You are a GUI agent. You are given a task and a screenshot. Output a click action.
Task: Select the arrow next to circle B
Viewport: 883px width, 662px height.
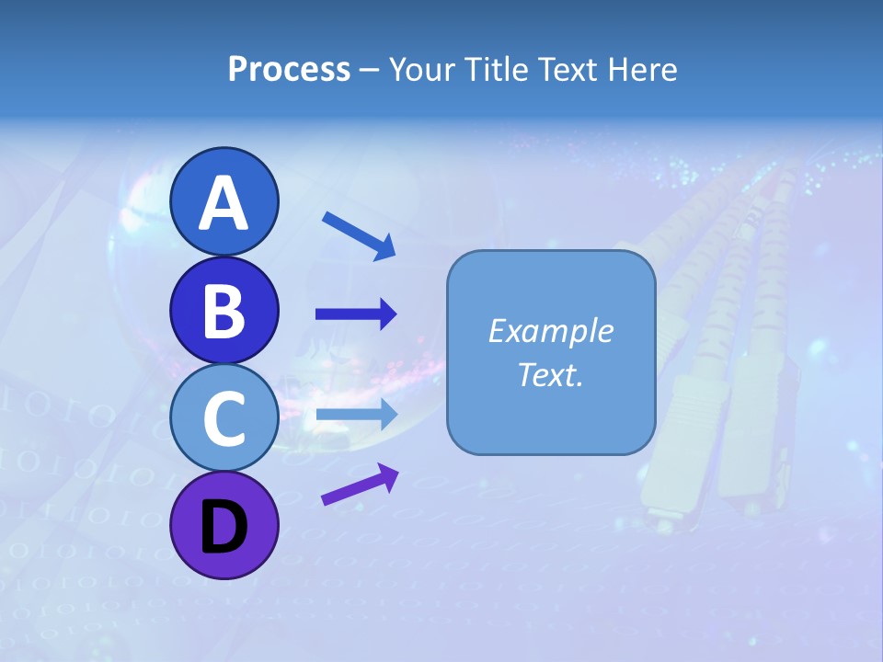click(356, 314)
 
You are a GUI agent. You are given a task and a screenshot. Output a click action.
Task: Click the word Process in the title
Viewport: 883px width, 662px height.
click(289, 70)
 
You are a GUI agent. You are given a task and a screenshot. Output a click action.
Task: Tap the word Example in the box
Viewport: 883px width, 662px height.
click(550, 331)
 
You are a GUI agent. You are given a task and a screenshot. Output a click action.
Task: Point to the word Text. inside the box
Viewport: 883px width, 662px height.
click(550, 374)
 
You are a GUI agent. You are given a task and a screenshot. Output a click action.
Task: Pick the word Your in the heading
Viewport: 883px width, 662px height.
click(419, 70)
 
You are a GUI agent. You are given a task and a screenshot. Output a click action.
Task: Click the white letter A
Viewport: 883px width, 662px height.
click(224, 202)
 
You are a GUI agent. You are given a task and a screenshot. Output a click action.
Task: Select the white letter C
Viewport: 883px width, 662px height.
click(224, 419)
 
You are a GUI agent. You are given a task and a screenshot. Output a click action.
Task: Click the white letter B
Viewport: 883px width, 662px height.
click(224, 311)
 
